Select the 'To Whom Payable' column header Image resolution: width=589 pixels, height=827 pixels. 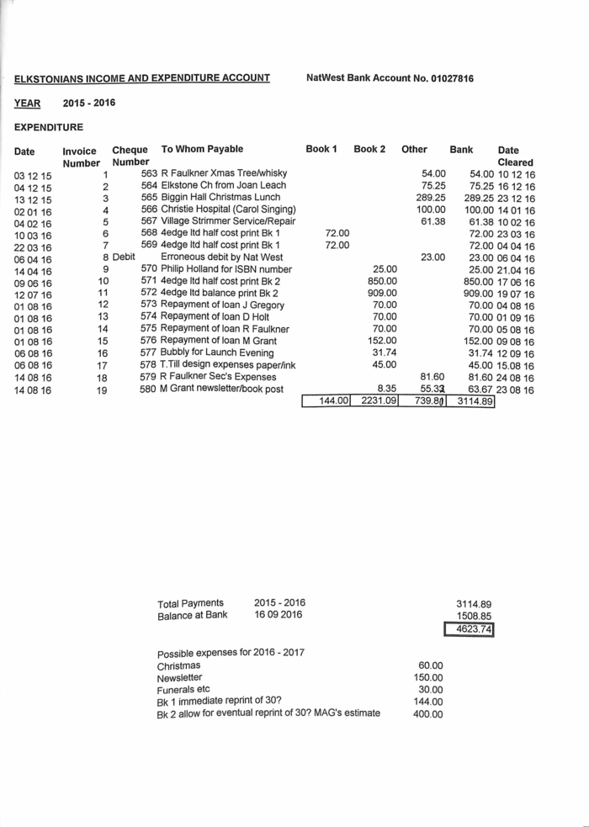point(202,149)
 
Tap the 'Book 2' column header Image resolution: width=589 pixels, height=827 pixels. point(369,149)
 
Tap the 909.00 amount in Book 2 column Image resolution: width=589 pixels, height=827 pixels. point(382,292)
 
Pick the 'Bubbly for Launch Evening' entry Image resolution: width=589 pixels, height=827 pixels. point(214,353)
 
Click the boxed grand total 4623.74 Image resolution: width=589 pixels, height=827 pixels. point(474,628)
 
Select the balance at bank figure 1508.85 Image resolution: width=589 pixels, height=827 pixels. point(474,616)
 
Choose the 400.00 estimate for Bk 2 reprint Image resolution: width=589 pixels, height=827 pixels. point(429,714)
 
